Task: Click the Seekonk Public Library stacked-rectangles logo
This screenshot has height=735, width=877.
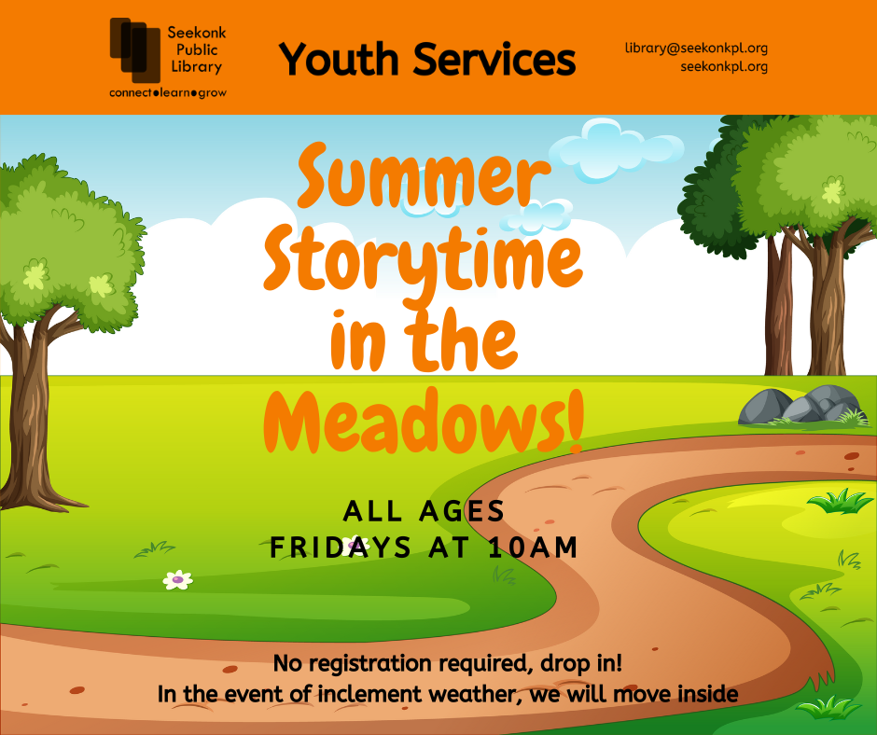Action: (135, 50)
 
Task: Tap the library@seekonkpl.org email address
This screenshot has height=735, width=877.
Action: (696, 49)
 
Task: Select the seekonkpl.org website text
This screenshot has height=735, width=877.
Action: (724, 66)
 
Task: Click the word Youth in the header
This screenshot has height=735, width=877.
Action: (339, 59)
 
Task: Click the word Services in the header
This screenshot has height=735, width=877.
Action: (494, 59)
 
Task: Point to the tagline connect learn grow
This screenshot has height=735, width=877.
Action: (168, 93)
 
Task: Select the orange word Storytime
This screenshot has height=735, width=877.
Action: (424, 259)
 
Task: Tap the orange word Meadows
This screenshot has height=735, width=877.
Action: (414, 421)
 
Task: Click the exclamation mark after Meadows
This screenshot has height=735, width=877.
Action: (575, 418)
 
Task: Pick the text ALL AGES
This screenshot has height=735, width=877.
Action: (424, 511)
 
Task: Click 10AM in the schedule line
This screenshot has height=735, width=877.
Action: (533, 548)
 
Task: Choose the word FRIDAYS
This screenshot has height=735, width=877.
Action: (341, 548)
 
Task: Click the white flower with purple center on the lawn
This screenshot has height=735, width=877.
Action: (178, 579)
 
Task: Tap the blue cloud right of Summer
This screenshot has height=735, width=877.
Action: (615, 150)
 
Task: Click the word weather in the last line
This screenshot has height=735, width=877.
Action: (476, 694)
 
